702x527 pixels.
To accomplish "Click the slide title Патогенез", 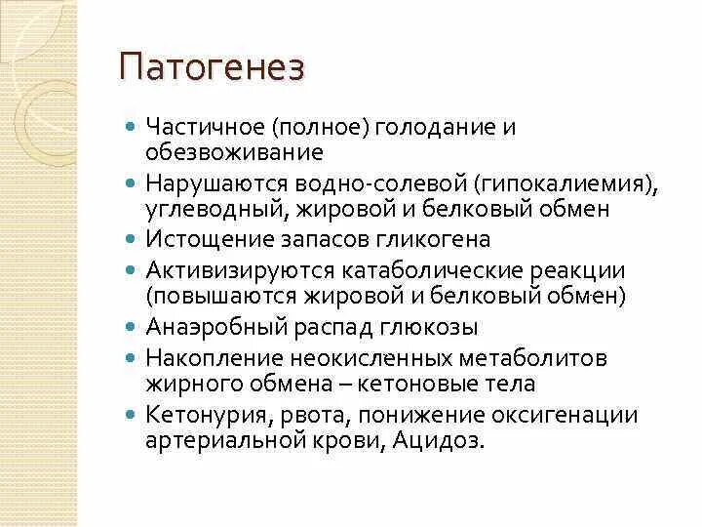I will (x=212, y=68).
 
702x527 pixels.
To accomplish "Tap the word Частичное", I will (x=205, y=128).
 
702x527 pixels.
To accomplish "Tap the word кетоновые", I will (x=416, y=383).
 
